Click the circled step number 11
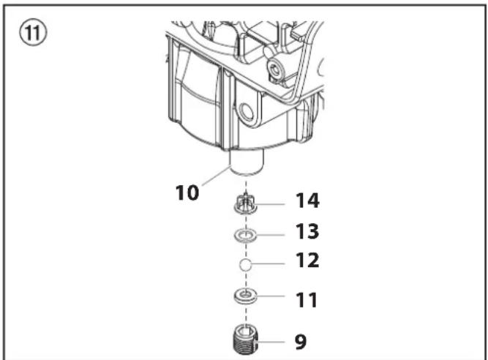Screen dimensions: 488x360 pyautogui.click(x=33, y=33)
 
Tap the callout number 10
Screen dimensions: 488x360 pyautogui.click(x=187, y=192)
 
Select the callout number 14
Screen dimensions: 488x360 pyautogui.click(x=307, y=200)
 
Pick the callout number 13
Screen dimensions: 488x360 pyautogui.click(x=307, y=231)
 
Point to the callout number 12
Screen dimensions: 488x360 pyautogui.click(x=307, y=260)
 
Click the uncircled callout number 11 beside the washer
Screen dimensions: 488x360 pyautogui.click(x=307, y=300)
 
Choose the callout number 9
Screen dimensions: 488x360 pyautogui.click(x=301, y=342)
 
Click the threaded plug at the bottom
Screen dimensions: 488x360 pyautogui.click(x=246, y=340)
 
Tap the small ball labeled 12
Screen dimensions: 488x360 pyautogui.click(x=245, y=264)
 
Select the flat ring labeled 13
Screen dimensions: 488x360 pyautogui.click(x=246, y=238)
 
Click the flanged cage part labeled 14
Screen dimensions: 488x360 pyautogui.click(x=246, y=203)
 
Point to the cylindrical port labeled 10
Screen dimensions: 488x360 pyautogui.click(x=247, y=162)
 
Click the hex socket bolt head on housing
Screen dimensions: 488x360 pyautogui.click(x=275, y=70)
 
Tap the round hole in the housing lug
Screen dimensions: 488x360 pyautogui.click(x=247, y=113)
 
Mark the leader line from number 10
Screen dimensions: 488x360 pyautogui.click(x=216, y=176)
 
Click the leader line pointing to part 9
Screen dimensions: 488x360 pyautogui.click(x=270, y=342)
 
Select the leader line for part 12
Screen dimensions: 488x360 pyautogui.click(x=268, y=264)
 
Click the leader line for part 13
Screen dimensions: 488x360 pyautogui.click(x=270, y=235)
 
